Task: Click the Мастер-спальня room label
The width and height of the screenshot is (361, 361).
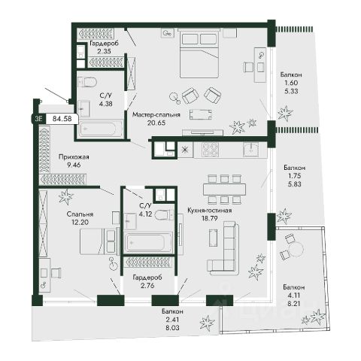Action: pyautogui.click(x=156, y=115)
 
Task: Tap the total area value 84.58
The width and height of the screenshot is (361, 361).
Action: pyautogui.click(x=62, y=118)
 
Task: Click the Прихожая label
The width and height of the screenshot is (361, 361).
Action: pyautogui.click(x=74, y=157)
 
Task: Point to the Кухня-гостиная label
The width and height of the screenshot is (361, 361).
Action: pyautogui.click(x=209, y=211)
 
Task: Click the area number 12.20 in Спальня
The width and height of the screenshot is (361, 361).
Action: pyautogui.click(x=80, y=222)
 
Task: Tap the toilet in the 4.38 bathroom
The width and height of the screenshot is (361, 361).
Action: pyautogui.click(x=87, y=82)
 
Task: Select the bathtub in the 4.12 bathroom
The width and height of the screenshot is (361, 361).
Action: pyautogui.click(x=148, y=243)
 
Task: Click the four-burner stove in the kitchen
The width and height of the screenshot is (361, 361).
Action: pyautogui.click(x=210, y=150)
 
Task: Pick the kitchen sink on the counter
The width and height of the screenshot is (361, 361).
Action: pyautogui.click(x=251, y=150)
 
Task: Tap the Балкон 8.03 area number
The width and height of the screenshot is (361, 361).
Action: pyautogui.click(x=172, y=327)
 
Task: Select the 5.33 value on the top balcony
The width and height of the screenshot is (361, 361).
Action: pyautogui.click(x=291, y=91)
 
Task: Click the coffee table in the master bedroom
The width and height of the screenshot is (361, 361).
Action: pyautogui.click(x=200, y=114)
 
